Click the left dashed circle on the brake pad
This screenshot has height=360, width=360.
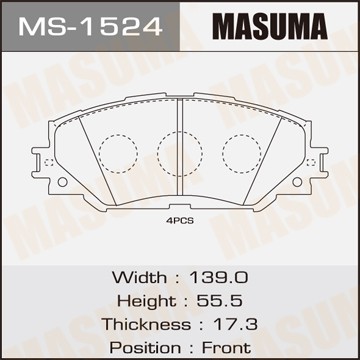(117, 152)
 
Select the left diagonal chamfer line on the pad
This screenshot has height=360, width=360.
(89, 150)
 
